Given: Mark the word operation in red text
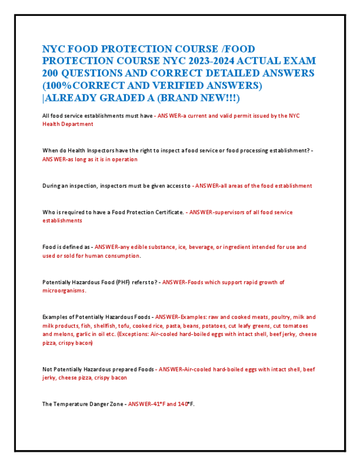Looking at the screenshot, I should coord(123,159).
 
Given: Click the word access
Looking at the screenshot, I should coord(172,186).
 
